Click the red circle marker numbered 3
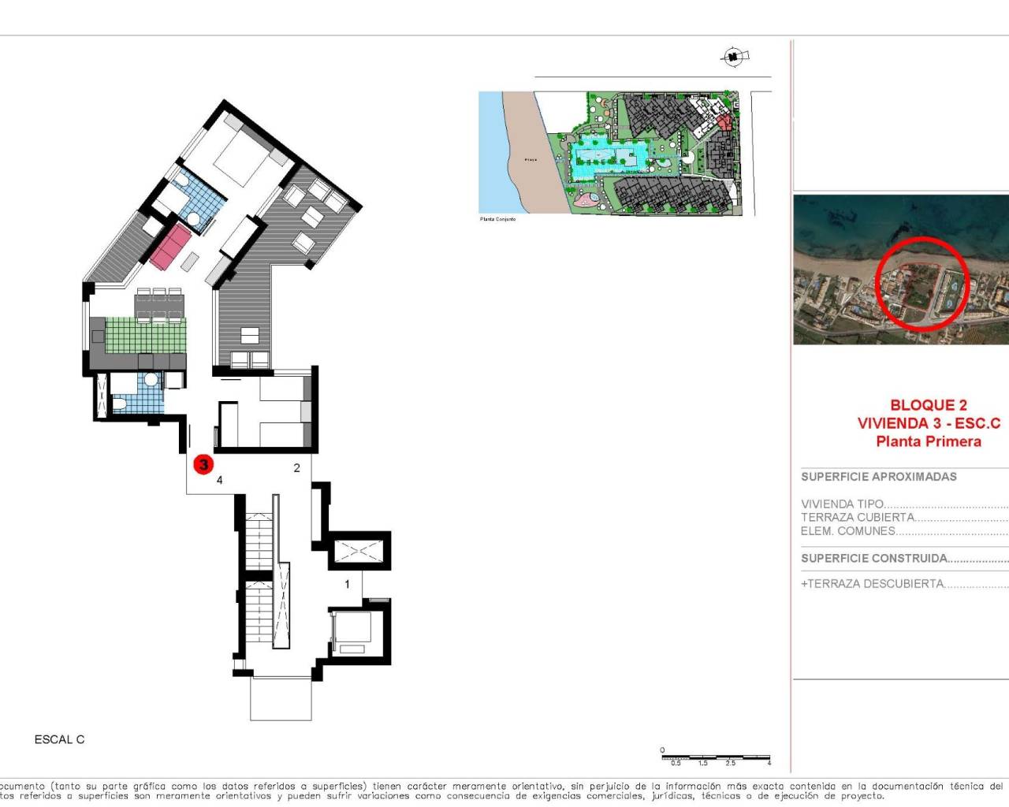pyautogui.click(x=203, y=464)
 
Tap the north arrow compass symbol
pyautogui.click(x=734, y=56)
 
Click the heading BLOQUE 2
pyautogui.click(x=928, y=405)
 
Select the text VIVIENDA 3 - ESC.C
pyautogui.click(x=928, y=423)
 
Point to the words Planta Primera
pyautogui.click(x=928, y=441)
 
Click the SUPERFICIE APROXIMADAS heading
pyautogui.click(x=878, y=477)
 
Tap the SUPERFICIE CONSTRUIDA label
pyautogui.click(x=874, y=558)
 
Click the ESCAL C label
pyautogui.click(x=59, y=739)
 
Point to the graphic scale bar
pyautogui.click(x=716, y=757)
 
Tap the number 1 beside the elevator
pyautogui.click(x=347, y=584)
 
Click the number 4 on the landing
pyautogui.click(x=220, y=480)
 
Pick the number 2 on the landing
pyautogui.click(x=296, y=467)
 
